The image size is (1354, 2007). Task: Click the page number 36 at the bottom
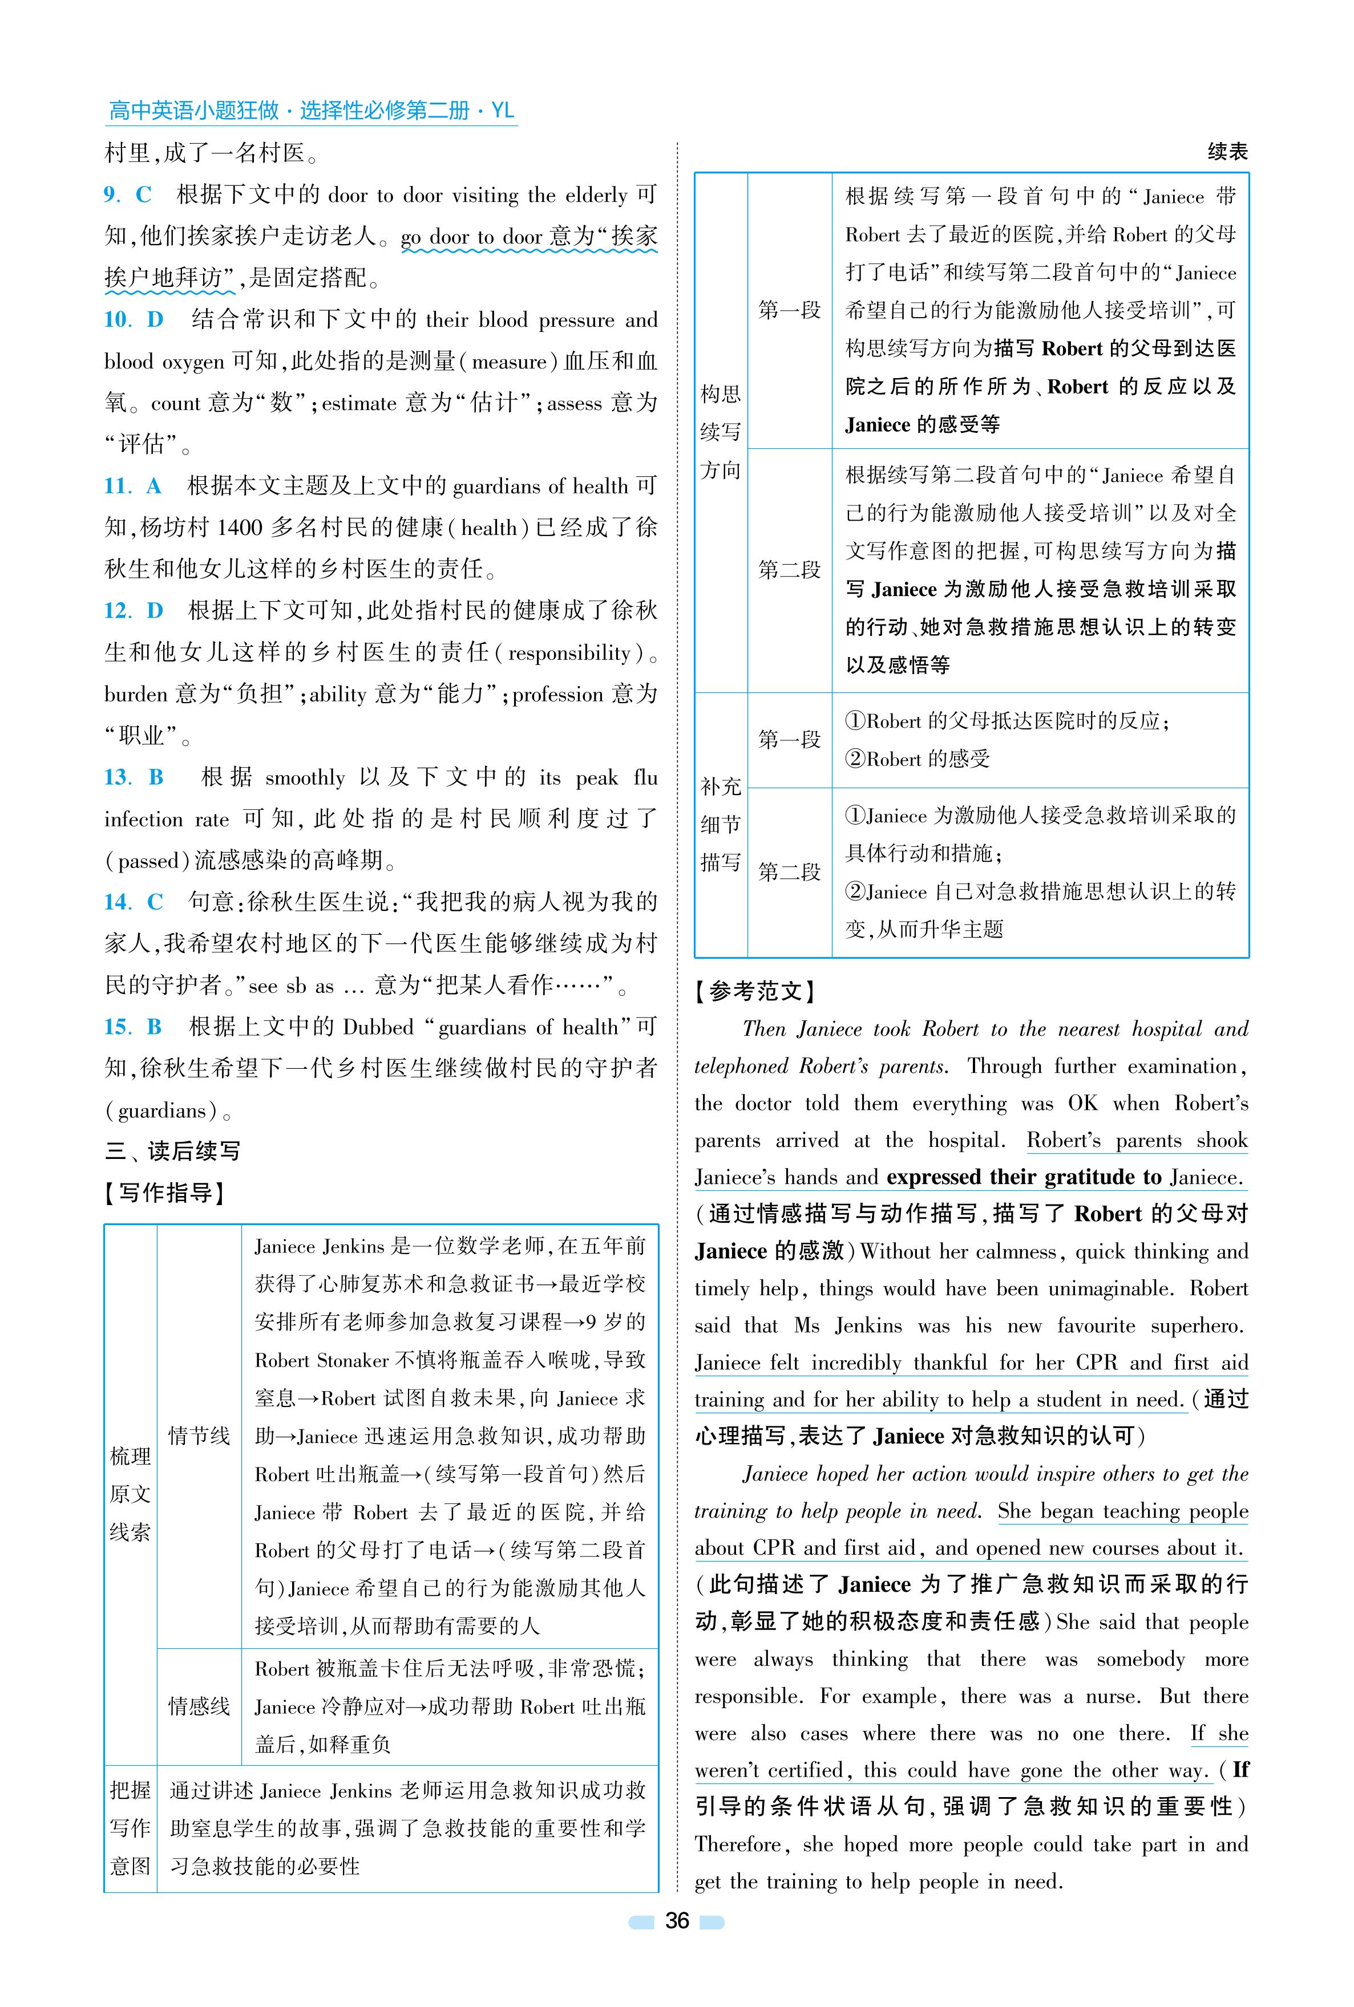[x=677, y=1921]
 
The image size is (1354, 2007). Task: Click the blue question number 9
[x=111, y=195]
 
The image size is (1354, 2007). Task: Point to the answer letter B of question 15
[x=155, y=1027]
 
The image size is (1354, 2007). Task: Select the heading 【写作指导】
[x=165, y=1193]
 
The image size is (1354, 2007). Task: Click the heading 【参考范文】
[x=755, y=992]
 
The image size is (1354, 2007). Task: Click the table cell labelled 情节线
[x=199, y=1436]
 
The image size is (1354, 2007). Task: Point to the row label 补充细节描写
[x=720, y=824]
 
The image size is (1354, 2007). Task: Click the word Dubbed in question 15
[x=378, y=1027]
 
